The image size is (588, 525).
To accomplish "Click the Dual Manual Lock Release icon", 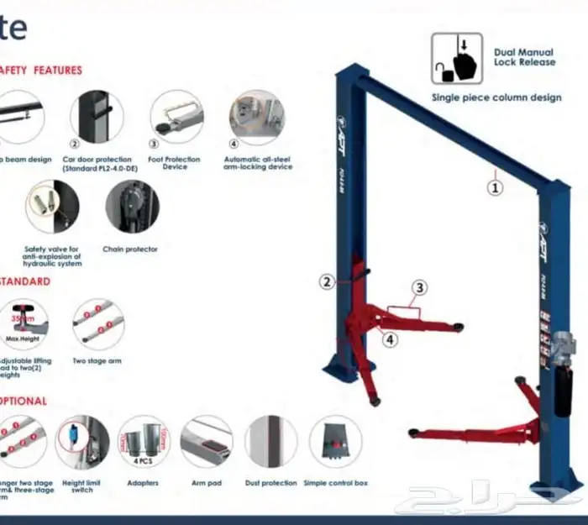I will (x=457, y=58).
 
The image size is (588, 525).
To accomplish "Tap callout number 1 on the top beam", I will (x=496, y=188).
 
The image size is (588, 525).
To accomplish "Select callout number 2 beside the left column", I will (x=328, y=282).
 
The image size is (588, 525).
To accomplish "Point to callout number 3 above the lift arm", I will (x=419, y=287).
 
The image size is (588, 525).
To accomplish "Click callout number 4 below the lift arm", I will (x=390, y=339).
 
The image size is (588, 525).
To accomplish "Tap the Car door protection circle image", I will (x=96, y=117).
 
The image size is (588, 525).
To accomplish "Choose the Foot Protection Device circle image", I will (x=176, y=117).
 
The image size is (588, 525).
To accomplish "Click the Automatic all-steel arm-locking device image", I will (x=256, y=117).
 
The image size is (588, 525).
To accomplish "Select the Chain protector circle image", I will (x=132, y=207).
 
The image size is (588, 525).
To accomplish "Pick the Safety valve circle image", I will (x=52, y=207).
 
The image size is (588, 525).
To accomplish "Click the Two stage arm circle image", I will (x=97, y=324).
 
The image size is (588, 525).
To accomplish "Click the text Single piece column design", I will (x=496, y=97).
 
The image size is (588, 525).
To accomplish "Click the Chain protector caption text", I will (x=130, y=249).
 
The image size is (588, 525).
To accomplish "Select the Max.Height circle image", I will (x=24, y=324).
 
